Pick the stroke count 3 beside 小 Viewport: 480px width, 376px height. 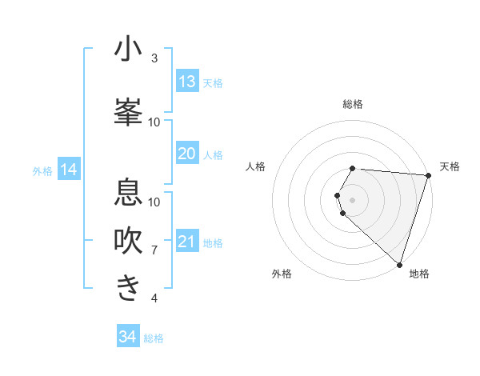point(154,58)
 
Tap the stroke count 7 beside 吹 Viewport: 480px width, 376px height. point(154,250)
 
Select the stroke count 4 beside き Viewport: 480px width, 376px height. point(154,298)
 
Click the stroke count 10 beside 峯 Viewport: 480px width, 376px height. point(154,122)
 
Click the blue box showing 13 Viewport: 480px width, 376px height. point(187,82)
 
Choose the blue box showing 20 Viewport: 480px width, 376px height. point(187,154)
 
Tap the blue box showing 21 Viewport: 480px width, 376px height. point(187,242)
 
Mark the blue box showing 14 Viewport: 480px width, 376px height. point(69,170)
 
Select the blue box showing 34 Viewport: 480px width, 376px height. point(128,337)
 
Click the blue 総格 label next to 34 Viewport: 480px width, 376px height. point(154,338)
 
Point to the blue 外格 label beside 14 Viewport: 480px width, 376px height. point(42,171)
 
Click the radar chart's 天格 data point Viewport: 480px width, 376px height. point(428,175)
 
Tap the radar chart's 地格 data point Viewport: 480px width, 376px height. point(399,264)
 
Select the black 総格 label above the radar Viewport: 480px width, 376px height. point(353,104)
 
